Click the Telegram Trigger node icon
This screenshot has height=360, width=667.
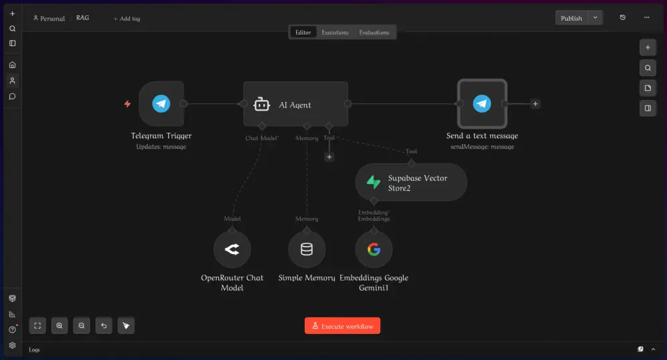pos(161,104)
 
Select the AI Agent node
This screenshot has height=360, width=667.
pos(295,104)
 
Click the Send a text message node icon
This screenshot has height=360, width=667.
pos(482,104)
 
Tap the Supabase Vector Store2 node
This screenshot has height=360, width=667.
pos(411,183)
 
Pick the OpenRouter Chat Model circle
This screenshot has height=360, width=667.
pos(232,249)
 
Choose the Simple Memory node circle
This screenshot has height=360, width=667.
pos(307,249)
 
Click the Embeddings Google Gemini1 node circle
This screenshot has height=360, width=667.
pos(374,249)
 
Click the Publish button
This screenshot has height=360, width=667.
pos(572,18)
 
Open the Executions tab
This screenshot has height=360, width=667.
pos(335,32)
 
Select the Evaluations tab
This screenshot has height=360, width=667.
pos(374,32)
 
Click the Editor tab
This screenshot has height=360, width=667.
pos(303,32)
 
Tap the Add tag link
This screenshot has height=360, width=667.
pos(127,19)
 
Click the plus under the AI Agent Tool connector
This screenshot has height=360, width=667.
pos(329,157)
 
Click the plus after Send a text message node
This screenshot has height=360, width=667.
pos(535,104)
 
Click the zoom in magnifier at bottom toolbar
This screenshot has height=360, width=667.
pos(59,325)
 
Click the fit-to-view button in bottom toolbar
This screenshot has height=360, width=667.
pos(37,325)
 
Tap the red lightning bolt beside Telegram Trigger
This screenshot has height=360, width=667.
pos(127,104)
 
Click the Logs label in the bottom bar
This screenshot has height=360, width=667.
pos(35,350)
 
